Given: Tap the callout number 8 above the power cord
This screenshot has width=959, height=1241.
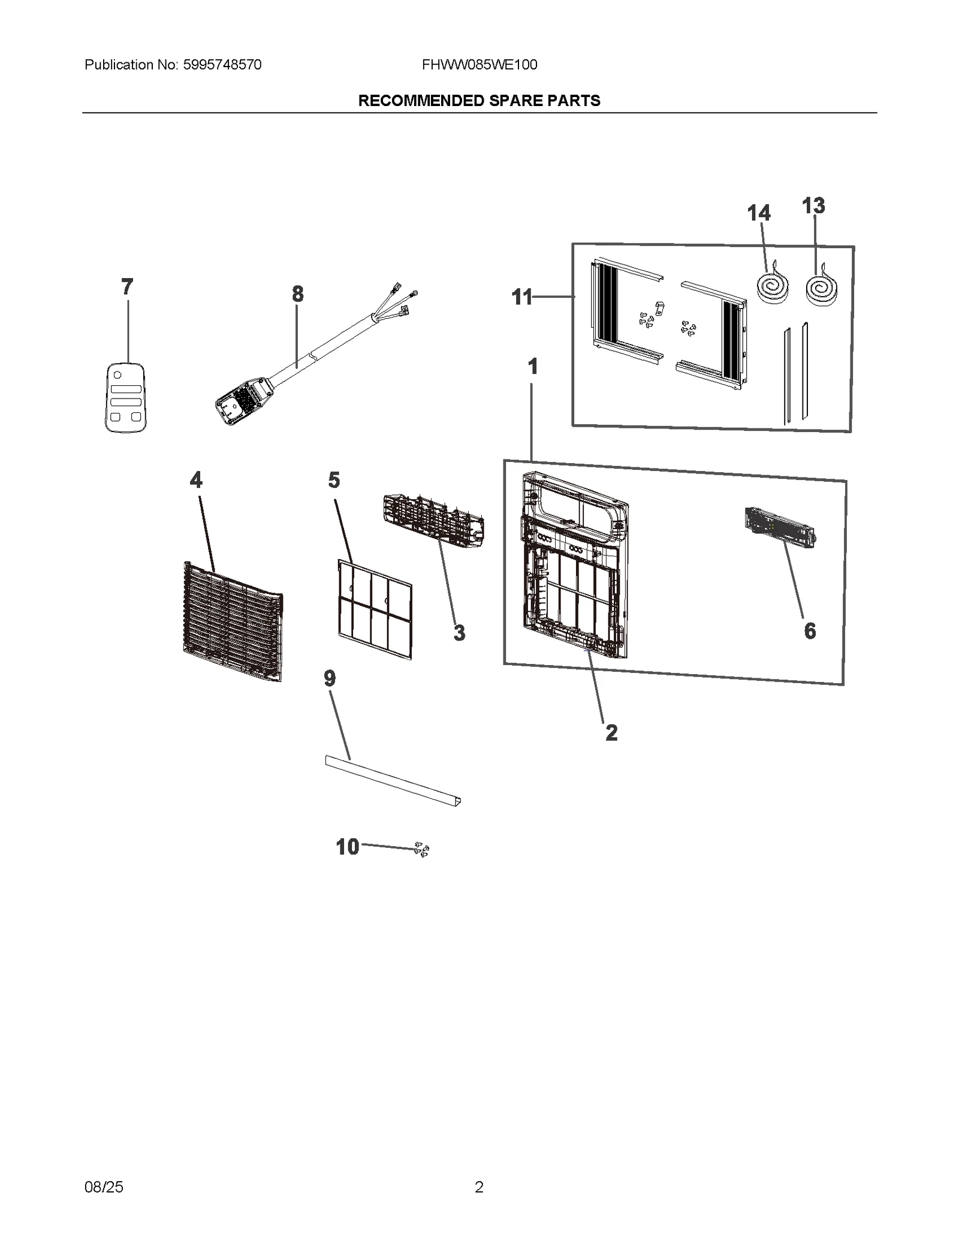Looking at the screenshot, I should click(x=298, y=294).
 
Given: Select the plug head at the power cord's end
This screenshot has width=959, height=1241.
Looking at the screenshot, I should click(x=240, y=401).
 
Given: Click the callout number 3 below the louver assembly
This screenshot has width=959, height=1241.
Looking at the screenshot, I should click(x=459, y=633).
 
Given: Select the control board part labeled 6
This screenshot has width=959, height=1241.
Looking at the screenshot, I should click(x=780, y=527).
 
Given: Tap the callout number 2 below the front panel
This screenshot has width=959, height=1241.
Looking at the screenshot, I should click(x=611, y=732).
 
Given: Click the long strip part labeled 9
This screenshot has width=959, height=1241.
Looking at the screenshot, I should click(x=393, y=781).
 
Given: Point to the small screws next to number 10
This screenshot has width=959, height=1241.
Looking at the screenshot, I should click(x=422, y=850).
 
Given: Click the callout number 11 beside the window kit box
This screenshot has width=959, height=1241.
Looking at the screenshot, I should click(x=521, y=297).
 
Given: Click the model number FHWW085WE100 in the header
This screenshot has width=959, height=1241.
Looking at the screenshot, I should click(x=479, y=65).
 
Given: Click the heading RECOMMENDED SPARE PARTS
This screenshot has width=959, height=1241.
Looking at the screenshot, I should click(x=479, y=101).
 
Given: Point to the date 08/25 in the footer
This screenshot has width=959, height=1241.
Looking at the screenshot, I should click(x=104, y=1187).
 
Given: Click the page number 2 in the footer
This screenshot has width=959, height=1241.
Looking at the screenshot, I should click(x=479, y=1187).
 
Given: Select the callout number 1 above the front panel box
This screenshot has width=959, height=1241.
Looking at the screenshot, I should click(x=532, y=366).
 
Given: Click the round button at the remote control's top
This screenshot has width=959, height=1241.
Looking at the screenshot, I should click(x=117, y=375).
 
